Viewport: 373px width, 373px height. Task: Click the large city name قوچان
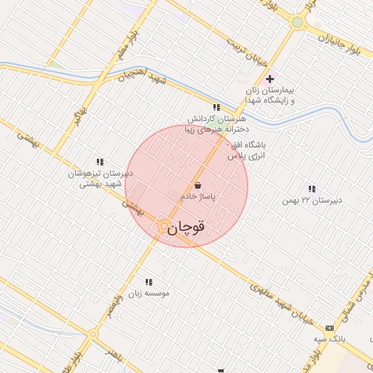[x=186, y=228]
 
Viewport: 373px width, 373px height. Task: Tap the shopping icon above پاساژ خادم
[x=197, y=185]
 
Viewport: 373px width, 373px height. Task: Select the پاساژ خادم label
[x=196, y=197]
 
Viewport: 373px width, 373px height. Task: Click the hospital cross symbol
[x=270, y=79]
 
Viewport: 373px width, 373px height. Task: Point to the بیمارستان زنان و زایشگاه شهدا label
[x=270, y=95]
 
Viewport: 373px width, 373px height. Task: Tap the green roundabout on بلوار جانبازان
[x=297, y=23]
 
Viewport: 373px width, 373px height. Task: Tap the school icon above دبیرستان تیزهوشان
[x=99, y=162]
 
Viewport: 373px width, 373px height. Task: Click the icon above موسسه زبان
[x=149, y=282]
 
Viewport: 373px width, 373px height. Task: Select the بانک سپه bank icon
[x=329, y=328]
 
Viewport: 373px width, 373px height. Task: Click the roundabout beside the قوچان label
[x=164, y=227]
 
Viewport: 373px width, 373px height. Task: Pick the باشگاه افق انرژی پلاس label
[x=248, y=151]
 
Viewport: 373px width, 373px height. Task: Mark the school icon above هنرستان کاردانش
[x=216, y=107]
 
